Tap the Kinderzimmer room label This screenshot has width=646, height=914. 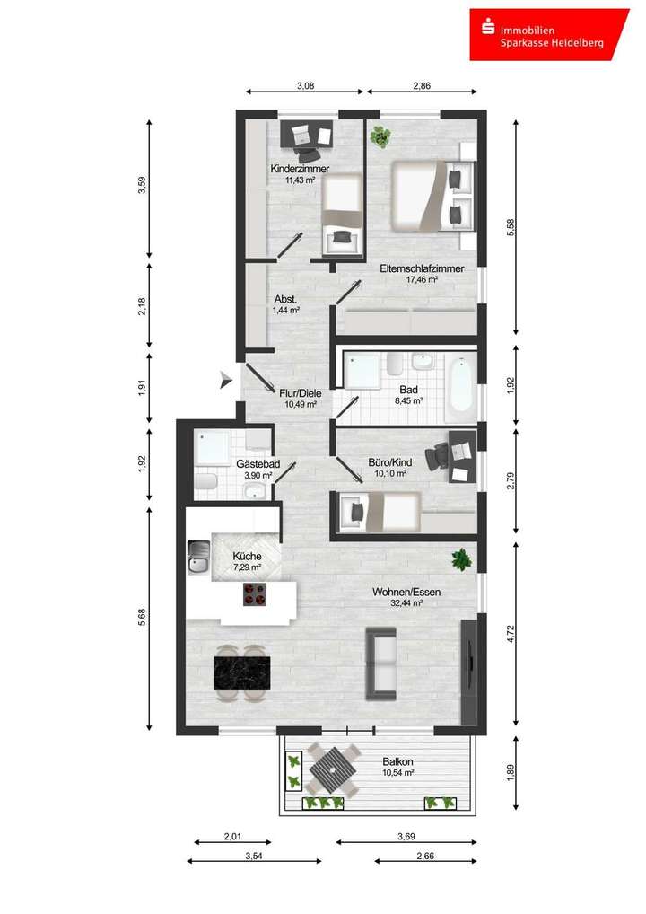(300, 169)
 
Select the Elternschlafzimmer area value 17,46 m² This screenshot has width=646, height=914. (421, 280)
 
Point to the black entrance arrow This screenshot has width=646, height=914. (225, 381)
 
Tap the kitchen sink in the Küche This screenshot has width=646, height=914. (197, 558)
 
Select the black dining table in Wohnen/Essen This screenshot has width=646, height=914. (241, 672)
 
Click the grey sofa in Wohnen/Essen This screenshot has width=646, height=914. (381, 664)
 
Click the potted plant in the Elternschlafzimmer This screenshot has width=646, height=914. (381, 136)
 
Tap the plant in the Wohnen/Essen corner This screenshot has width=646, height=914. (461, 559)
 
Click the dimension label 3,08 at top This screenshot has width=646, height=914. (305, 87)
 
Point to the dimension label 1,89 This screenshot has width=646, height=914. (511, 773)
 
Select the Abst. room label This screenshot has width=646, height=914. (285, 300)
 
